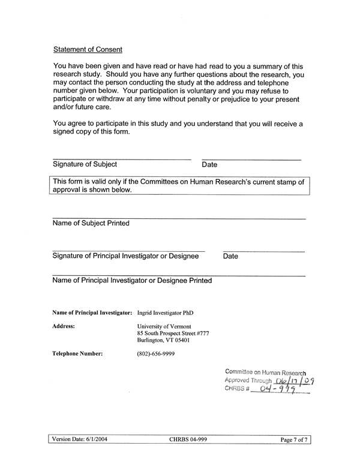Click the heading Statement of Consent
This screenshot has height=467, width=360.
pos(88,49)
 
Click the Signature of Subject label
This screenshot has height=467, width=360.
pos(85,164)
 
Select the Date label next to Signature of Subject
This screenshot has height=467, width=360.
pos(209,165)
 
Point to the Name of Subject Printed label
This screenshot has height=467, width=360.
pos(91,223)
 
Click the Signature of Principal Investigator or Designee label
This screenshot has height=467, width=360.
pos(125,256)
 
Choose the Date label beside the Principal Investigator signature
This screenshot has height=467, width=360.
pos(230,257)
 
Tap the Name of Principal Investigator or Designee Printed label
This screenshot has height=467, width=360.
pos(132,280)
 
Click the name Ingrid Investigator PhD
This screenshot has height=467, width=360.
pos(165,312)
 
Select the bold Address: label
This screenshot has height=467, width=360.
pos(64,327)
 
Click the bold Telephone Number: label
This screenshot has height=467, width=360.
pos(77,354)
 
